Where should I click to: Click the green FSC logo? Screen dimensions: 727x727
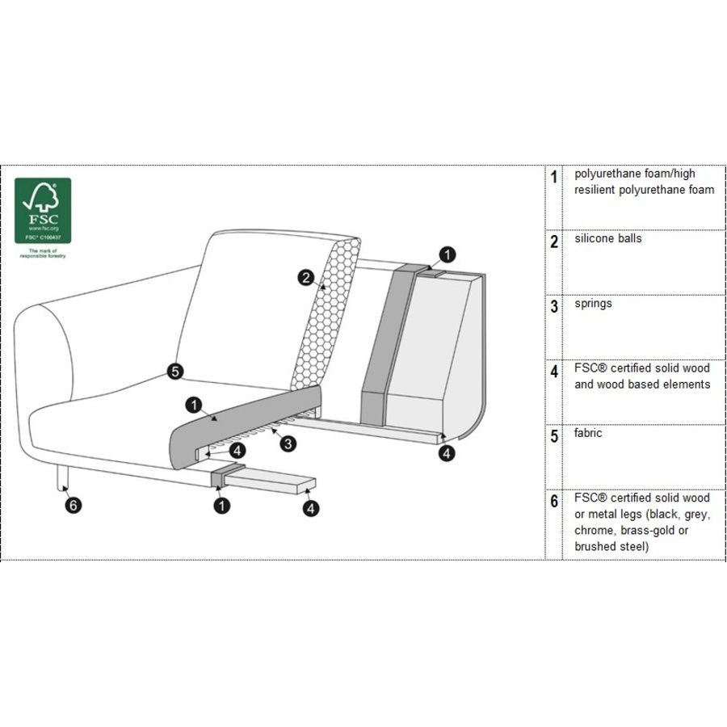(43, 210)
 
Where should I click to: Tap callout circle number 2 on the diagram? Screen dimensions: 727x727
(305, 279)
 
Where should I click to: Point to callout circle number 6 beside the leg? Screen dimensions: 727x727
(74, 506)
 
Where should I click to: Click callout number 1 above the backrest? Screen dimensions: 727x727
(448, 255)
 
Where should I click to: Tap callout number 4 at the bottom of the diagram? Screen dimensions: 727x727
(310, 508)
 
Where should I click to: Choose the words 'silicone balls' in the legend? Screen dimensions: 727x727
(607, 239)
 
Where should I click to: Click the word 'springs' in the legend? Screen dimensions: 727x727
(593, 304)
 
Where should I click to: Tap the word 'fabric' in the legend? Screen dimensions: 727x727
(588, 433)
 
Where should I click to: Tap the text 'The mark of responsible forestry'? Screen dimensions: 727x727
(43, 254)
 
